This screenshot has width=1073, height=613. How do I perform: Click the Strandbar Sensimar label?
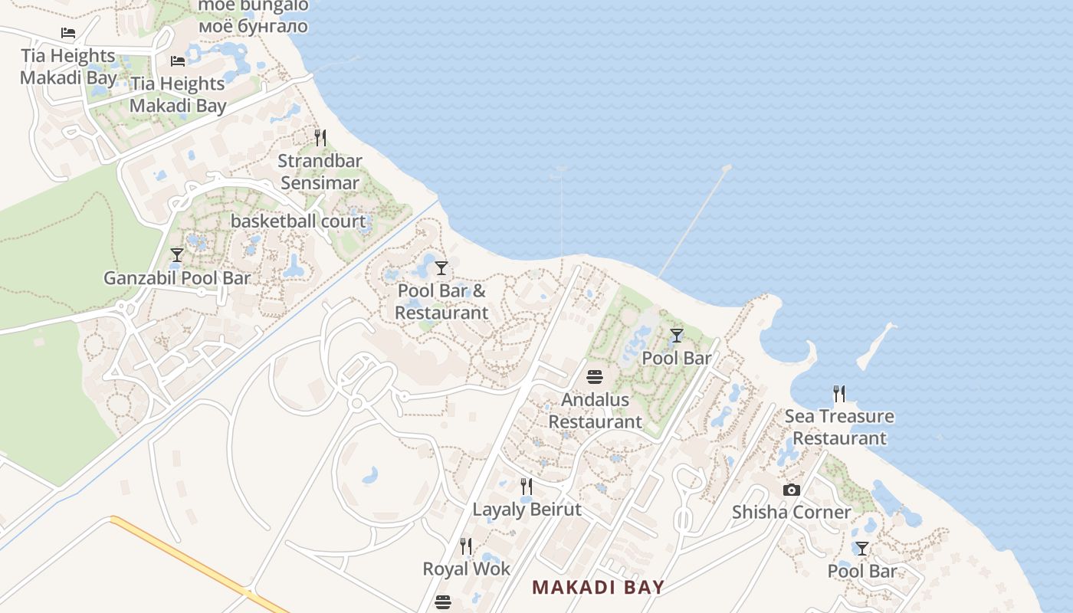click(x=320, y=172)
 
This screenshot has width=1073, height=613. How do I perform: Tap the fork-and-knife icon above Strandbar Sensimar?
click(x=320, y=138)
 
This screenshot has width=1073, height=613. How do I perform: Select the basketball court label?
click(x=298, y=221)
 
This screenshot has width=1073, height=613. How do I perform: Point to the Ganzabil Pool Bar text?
click(x=177, y=278)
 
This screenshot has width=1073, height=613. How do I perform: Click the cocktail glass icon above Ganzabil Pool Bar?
click(x=177, y=255)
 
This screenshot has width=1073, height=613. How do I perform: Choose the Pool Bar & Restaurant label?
click(x=441, y=302)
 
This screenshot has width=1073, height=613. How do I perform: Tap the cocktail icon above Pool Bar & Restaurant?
click(x=441, y=267)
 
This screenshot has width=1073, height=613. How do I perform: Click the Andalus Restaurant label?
click(x=596, y=411)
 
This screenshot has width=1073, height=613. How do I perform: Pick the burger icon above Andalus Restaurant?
click(x=595, y=376)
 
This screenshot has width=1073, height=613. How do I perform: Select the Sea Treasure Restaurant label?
click(x=839, y=428)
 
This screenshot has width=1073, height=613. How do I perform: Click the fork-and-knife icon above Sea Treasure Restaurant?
click(x=839, y=394)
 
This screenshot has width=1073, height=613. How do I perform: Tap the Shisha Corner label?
click(x=791, y=512)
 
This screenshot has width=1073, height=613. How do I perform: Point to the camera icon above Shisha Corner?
click(x=792, y=490)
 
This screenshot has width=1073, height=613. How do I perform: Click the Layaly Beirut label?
click(x=527, y=510)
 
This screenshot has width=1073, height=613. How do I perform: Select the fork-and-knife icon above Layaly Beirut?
click(x=527, y=487)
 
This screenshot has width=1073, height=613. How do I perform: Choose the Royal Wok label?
click(x=466, y=569)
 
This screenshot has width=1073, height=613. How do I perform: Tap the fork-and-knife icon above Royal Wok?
click(x=466, y=546)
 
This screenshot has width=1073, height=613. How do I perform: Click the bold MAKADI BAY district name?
click(x=598, y=588)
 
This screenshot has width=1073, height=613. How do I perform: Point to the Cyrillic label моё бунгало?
click(x=253, y=26)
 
